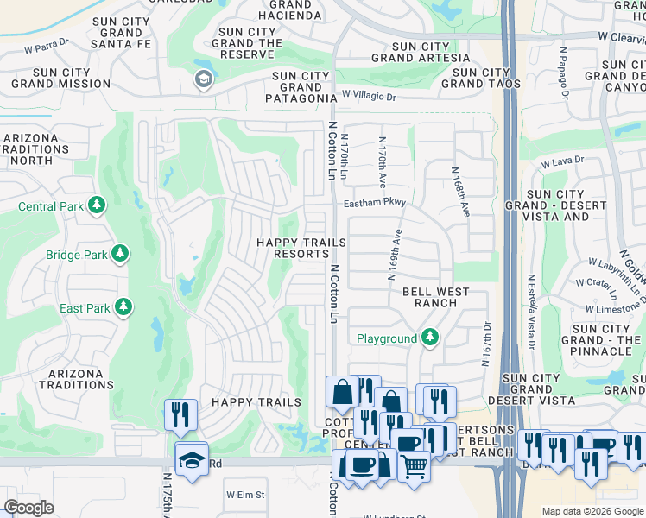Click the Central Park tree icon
(98, 205)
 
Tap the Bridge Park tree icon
(120, 254)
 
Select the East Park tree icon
(123, 307)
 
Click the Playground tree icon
(429, 338)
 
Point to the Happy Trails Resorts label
(301, 248)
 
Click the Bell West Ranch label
(436, 298)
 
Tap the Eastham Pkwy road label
(374, 204)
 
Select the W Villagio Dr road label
(368, 96)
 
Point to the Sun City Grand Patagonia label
(301, 87)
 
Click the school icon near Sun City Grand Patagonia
(204, 80)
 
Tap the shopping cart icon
(415, 466)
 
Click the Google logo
(28, 508)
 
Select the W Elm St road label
(244, 495)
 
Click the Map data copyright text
(592, 511)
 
